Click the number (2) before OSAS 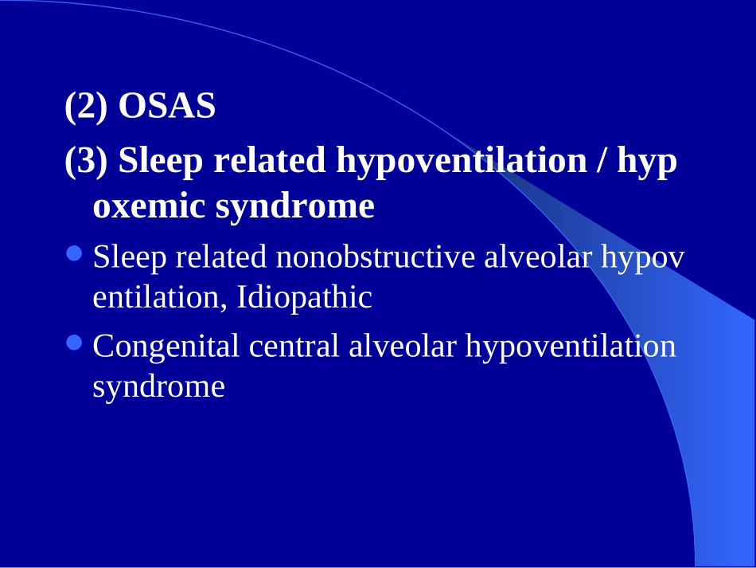pyautogui.click(x=86, y=106)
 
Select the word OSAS pyautogui.click(x=167, y=105)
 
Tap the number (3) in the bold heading pyautogui.click(x=86, y=161)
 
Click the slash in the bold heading pyautogui.click(x=602, y=160)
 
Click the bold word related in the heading pyautogui.click(x=270, y=160)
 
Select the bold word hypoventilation pyautogui.click(x=462, y=161)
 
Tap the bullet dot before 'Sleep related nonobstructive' pyautogui.click(x=74, y=253)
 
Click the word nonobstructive pyautogui.click(x=376, y=257)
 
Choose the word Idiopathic pyautogui.click(x=304, y=298)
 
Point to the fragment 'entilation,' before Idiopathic pyautogui.click(x=160, y=297)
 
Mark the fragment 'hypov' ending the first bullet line pyautogui.click(x=643, y=257)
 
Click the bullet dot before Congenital pyautogui.click(x=74, y=343)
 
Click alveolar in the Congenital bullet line pyautogui.click(x=403, y=347)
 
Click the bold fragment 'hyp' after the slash pyautogui.click(x=647, y=161)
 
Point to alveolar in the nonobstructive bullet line pyautogui.click(x=538, y=257)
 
